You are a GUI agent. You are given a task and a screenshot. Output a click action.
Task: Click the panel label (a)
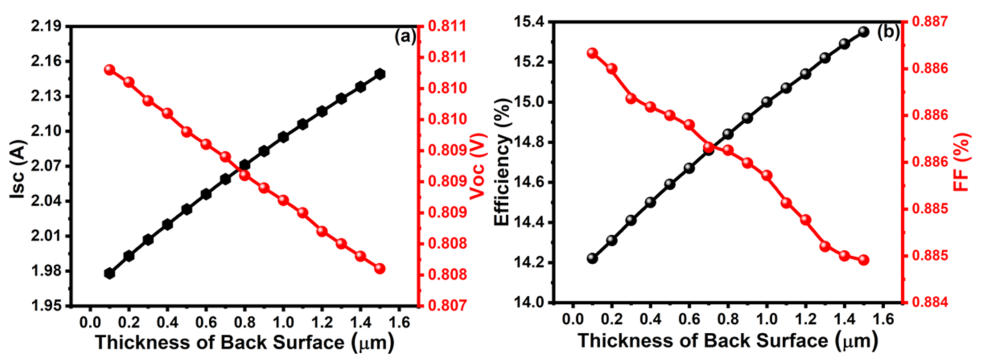pos(405,37)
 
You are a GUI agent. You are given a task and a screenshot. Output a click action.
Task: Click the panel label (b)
pos(888,32)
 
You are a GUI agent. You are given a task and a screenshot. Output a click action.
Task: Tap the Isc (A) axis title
pos(18,169)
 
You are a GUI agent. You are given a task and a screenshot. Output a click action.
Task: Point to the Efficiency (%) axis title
pos(502,162)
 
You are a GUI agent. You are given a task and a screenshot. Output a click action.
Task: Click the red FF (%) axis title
pos(962,162)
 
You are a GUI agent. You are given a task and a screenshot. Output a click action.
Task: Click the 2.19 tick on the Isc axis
pos(46,27)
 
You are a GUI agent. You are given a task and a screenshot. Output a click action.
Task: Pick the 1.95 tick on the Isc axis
pos(46,306)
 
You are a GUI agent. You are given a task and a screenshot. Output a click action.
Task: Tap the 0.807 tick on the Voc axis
pos(447,306)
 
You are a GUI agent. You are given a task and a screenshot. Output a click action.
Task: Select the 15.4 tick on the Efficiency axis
pos(529,22)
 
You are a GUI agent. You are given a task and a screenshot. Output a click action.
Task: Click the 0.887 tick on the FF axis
pos(930,22)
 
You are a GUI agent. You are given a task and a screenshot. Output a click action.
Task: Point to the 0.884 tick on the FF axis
pos(930,302)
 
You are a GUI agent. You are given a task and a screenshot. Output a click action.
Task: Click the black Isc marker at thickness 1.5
pos(380,74)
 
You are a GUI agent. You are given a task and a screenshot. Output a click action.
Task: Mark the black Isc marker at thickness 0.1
pos(110,273)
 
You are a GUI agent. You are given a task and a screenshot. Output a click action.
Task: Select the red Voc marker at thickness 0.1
pos(109,70)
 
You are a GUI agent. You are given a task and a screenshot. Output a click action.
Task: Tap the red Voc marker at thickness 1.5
pos(380,269)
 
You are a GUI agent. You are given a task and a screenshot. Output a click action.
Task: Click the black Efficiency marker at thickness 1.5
pos(863,32)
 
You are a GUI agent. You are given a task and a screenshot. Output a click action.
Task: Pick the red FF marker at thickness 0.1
pos(593,53)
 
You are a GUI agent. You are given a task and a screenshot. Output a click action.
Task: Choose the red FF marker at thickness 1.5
pos(863,260)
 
